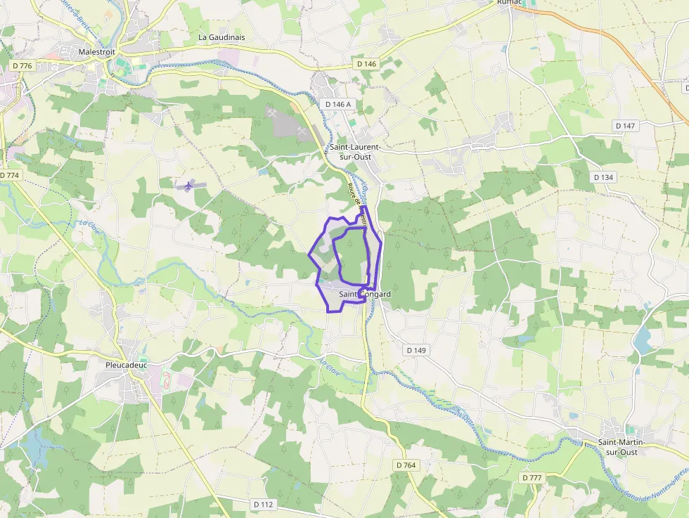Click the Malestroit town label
(97, 52)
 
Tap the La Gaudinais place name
(221, 37)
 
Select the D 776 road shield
(22, 65)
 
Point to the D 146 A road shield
(338, 104)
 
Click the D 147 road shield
(624, 126)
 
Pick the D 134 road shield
(604, 177)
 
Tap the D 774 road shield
(9, 175)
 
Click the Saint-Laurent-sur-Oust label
(355, 152)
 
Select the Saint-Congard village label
(365, 294)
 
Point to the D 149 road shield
(416, 349)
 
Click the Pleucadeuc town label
(124, 365)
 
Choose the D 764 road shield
(406, 465)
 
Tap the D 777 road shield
(532, 478)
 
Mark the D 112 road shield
(263, 504)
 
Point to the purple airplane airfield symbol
(186, 186)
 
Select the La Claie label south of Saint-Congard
(329, 366)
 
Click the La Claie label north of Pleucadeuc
(89, 228)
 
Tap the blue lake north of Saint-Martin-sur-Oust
(641, 340)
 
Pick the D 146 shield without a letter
(366, 64)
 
